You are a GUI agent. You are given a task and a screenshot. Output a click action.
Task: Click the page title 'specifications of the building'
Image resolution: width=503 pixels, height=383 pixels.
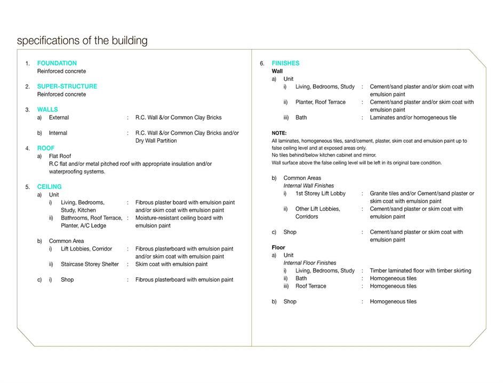[82, 41]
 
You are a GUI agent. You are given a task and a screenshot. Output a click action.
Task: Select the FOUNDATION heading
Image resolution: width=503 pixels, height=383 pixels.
[57, 63]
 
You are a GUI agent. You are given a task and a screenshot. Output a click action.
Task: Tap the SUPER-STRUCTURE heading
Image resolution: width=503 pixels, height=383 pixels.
[67, 86]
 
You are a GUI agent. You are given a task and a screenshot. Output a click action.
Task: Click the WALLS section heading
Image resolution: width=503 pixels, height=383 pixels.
[47, 110]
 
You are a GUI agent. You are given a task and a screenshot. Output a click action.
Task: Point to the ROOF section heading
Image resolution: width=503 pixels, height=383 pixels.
[46, 148]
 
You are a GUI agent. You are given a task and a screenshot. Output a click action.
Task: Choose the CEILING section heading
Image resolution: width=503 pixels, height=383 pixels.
[49, 186]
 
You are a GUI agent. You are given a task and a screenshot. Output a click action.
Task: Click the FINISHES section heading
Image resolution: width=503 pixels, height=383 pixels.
[285, 63]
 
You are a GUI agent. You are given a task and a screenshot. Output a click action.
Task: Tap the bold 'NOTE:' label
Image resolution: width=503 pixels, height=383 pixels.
[279, 133]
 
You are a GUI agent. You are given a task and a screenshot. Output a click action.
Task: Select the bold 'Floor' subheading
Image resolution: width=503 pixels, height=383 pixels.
[278, 247]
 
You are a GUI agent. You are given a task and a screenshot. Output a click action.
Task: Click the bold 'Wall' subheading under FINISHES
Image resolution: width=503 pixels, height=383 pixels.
[277, 71]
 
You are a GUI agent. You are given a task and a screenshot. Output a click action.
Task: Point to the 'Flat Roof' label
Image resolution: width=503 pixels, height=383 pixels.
[60, 156]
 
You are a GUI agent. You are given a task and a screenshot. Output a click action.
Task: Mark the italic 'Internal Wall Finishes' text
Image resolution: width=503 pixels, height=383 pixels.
[309, 186]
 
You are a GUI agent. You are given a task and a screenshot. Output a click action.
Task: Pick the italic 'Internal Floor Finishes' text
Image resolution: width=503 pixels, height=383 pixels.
[310, 263]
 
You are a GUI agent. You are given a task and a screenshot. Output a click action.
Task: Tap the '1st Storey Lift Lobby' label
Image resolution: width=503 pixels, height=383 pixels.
[321, 193]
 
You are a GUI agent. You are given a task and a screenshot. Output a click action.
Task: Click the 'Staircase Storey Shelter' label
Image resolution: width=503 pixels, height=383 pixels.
[90, 264]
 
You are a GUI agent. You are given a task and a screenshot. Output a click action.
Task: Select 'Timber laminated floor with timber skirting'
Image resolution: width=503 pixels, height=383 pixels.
[420, 271]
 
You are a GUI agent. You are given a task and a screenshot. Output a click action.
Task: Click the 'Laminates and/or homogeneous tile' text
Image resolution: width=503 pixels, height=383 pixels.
[413, 118]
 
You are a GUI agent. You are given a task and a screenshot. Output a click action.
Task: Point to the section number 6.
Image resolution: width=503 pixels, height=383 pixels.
[262, 64]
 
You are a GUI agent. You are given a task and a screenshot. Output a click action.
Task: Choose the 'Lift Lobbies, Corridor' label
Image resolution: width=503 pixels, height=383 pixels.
[86, 249]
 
